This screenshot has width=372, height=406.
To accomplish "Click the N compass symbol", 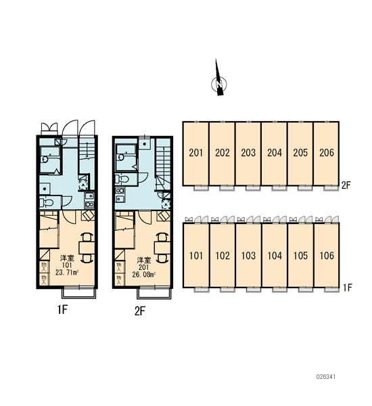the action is click(x=219, y=84).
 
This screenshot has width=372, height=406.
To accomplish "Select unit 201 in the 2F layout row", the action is click(x=195, y=154).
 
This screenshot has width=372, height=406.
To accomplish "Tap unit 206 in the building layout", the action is click(x=326, y=154).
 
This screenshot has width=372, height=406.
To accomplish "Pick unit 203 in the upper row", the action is click(x=248, y=154).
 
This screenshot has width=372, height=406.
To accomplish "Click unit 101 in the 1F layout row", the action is click(x=196, y=255).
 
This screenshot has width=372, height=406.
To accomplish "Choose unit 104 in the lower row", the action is click(x=275, y=255).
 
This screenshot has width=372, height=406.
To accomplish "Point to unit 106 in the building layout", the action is click(x=327, y=255).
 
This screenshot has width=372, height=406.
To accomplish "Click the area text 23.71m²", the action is click(x=67, y=272).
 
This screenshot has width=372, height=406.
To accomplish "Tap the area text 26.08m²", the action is click(x=143, y=274).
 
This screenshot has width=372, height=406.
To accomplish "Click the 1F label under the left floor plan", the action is click(x=62, y=309).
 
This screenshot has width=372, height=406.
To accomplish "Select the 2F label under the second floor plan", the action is click(x=140, y=311).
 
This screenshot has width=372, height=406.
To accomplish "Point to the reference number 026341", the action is click(x=325, y=376).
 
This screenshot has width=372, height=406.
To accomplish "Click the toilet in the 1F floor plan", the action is click(x=47, y=202).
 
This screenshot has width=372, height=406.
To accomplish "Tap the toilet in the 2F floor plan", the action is click(x=122, y=179).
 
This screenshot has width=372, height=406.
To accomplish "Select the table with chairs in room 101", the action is click(x=87, y=248).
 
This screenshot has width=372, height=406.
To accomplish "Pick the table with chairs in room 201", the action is click(x=162, y=248).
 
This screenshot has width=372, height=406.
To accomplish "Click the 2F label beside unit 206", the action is click(x=346, y=185).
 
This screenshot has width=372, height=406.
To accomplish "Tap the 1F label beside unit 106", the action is click(x=348, y=288).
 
